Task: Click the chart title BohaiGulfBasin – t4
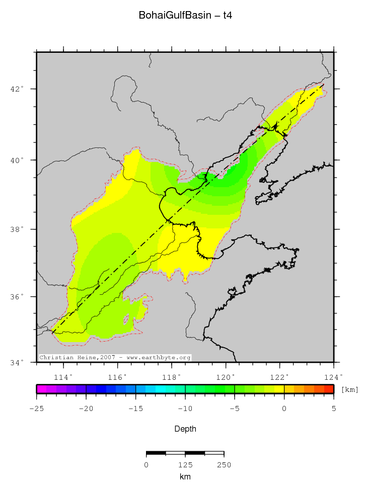pyautogui.click(x=185, y=16)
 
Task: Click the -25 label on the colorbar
pyautogui.click(x=36, y=409)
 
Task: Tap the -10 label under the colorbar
pyautogui.click(x=185, y=409)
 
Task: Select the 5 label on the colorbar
pyautogui.click(x=333, y=409)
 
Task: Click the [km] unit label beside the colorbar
pyautogui.click(x=350, y=389)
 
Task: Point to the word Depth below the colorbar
pyautogui.click(x=185, y=429)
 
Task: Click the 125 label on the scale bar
pyautogui.click(x=185, y=465)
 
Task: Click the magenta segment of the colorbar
pyautogui.click(x=41, y=389)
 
